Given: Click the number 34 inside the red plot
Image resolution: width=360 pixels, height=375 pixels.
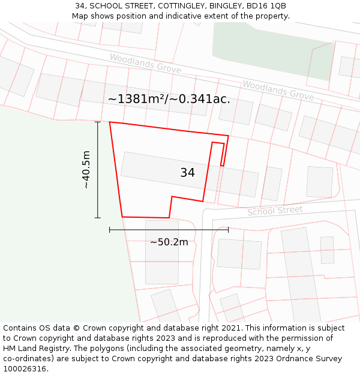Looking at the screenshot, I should (x=187, y=173).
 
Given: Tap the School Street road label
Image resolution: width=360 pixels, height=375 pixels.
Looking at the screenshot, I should (x=275, y=211).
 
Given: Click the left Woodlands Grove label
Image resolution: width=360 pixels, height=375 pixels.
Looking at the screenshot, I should (x=145, y=63).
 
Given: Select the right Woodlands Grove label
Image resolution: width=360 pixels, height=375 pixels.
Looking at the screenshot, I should (x=278, y=90).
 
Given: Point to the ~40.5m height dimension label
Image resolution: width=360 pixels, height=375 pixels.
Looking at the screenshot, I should (x=86, y=170).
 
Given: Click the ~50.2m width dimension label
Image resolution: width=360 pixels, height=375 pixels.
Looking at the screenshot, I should (x=169, y=242).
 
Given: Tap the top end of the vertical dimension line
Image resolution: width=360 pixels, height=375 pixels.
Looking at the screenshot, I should (x=98, y=122).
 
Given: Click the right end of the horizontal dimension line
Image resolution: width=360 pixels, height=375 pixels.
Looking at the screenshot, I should (x=229, y=229).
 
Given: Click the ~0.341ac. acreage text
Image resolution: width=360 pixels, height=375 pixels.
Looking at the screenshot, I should (x=201, y=99).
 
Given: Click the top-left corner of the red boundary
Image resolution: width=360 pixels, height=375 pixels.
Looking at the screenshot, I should (x=110, y=122).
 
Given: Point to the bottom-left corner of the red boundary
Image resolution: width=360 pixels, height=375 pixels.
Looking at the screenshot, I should (x=122, y=217).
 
